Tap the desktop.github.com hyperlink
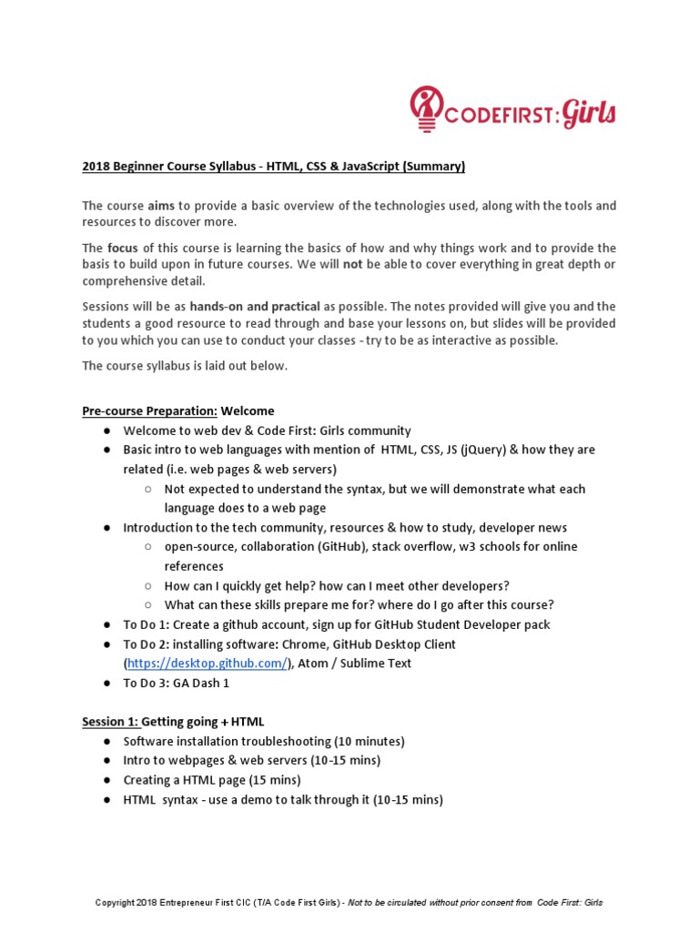coord(207,664)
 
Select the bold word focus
coord(122,248)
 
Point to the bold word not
coord(352,264)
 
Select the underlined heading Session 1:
coord(110,722)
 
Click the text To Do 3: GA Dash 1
coord(177,683)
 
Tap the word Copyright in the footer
coord(116,903)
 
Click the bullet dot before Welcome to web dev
coord(107,431)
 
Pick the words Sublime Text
coord(376,664)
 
